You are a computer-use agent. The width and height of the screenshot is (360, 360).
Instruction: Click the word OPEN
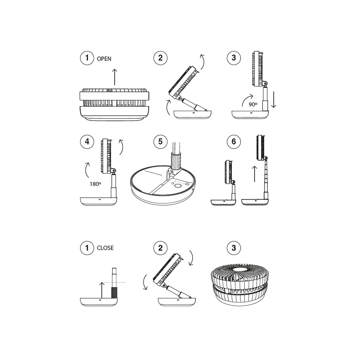point(104,59)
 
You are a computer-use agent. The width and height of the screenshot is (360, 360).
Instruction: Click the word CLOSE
point(105,248)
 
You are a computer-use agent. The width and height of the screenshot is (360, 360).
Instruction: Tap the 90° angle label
point(253,104)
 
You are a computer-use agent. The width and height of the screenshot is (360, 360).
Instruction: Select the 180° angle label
point(95,184)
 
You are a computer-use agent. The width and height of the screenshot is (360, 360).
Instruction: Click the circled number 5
point(160,142)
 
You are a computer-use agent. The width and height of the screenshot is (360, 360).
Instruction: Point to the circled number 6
point(234,142)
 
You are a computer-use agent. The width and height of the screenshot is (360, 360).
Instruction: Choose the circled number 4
point(87,142)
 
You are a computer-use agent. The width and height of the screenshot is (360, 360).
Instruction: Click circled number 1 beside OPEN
point(87,58)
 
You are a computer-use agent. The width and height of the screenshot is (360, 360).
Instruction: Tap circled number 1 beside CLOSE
point(87,248)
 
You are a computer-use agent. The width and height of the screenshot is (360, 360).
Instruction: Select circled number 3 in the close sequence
point(234,248)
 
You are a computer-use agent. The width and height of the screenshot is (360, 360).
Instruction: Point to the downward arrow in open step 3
point(274,100)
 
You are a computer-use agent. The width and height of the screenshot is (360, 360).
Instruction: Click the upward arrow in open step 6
point(254,174)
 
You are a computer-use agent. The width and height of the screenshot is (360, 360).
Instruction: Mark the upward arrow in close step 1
point(102,290)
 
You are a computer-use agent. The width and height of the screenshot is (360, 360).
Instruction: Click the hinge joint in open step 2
point(179,98)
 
